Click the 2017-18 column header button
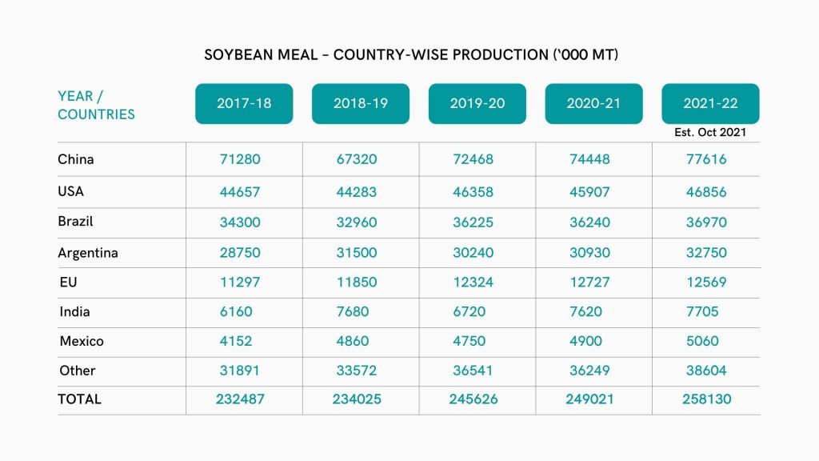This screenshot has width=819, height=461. (244, 103)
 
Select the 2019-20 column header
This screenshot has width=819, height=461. (477, 103)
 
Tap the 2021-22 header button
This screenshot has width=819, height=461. (710, 103)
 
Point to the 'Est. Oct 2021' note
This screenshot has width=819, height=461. (711, 132)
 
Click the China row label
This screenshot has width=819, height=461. (76, 159)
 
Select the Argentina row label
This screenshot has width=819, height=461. (88, 253)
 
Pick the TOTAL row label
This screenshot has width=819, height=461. (80, 399)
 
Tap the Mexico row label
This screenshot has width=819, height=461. (82, 341)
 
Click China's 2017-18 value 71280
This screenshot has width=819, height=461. (240, 159)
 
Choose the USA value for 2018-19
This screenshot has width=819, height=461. (357, 192)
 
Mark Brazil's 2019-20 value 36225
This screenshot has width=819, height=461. (473, 222)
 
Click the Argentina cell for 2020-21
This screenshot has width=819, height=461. (590, 253)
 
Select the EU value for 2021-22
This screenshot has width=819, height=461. (707, 283)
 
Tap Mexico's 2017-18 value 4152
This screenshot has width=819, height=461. (236, 341)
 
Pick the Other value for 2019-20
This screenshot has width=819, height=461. (473, 371)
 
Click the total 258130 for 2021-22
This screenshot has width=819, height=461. (707, 399)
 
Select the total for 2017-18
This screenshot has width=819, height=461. (240, 399)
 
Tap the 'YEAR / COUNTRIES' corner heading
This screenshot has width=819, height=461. (96, 105)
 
